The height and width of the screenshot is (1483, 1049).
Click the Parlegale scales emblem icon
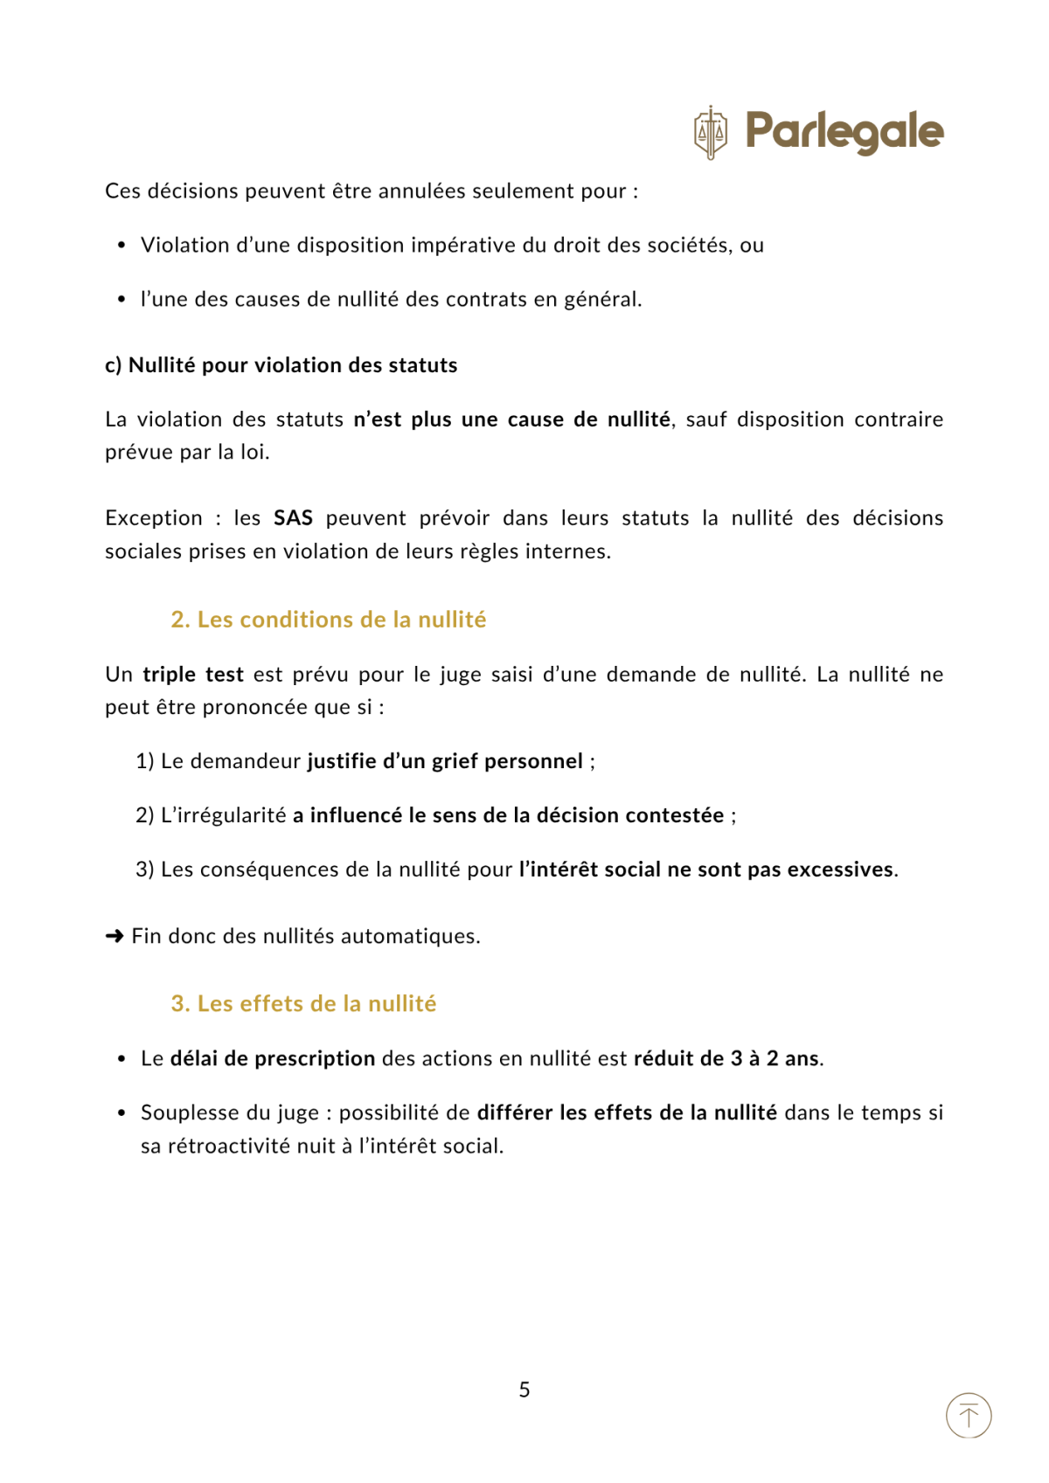point(710,133)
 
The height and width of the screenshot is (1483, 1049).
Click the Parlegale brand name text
point(844,132)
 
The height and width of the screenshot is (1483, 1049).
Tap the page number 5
point(524,1389)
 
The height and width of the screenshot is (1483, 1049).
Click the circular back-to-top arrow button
point(969,1415)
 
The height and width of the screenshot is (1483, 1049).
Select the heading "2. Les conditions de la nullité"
point(329,620)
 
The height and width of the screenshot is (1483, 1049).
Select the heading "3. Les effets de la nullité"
point(303,1003)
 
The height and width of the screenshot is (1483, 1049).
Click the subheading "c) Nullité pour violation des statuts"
point(281,365)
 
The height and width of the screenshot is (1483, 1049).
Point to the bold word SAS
point(293,518)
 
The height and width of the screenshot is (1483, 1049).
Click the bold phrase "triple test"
point(193,675)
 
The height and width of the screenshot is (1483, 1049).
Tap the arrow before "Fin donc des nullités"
point(115,937)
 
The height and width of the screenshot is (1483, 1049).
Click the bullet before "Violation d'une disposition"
point(122,246)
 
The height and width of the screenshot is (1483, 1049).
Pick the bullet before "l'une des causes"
point(122,300)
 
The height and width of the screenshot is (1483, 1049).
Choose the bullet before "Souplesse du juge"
point(122,1113)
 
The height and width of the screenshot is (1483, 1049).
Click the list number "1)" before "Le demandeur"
point(145,761)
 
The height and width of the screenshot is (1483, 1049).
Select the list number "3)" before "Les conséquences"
point(145,870)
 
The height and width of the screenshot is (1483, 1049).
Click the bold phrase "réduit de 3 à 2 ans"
point(727,1058)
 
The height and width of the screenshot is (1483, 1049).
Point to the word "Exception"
point(154,518)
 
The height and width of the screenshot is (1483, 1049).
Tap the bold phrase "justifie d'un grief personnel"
point(445,761)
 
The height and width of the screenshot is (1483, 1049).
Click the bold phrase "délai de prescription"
point(273,1058)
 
